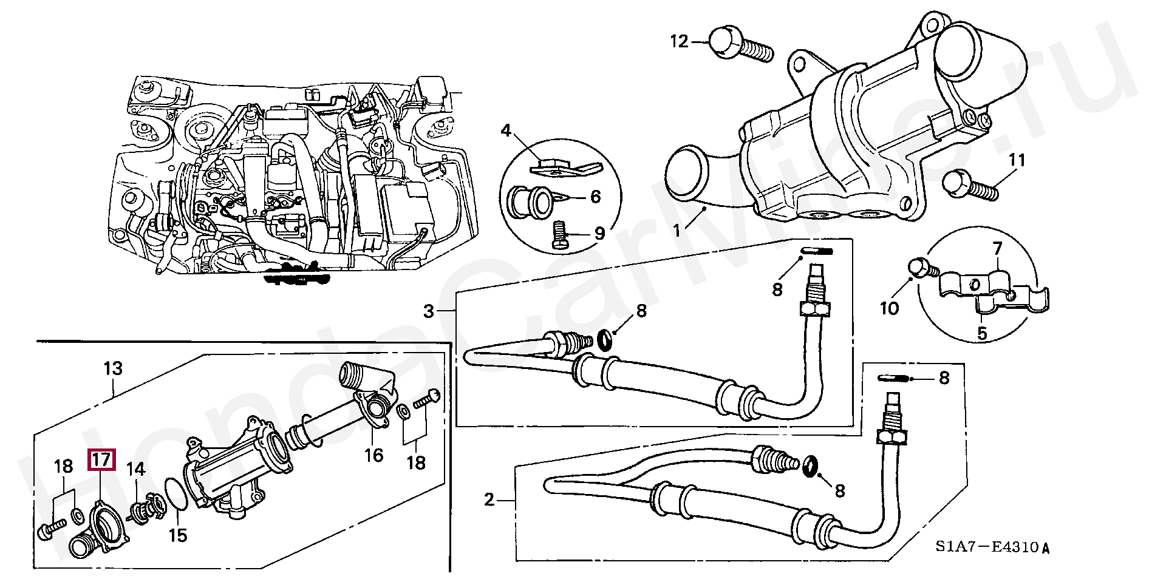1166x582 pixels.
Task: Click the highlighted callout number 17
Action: [101, 459]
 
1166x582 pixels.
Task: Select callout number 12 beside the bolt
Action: [679, 41]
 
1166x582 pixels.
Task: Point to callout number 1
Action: [677, 231]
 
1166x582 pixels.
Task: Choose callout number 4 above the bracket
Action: [506, 130]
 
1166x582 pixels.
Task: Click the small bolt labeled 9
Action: [560, 235]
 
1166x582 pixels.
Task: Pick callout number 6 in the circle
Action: [595, 197]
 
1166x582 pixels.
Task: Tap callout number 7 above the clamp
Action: [997, 248]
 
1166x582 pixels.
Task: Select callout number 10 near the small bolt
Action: [889, 308]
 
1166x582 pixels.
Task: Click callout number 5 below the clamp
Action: [982, 333]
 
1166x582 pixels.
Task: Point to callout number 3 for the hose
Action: [429, 311]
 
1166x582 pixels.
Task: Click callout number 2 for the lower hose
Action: [489, 500]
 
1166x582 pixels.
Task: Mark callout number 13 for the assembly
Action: [113, 368]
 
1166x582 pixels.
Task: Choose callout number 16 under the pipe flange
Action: [373, 455]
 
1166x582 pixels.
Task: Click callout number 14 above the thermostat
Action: [135, 469]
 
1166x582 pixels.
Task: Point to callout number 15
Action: [178, 535]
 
